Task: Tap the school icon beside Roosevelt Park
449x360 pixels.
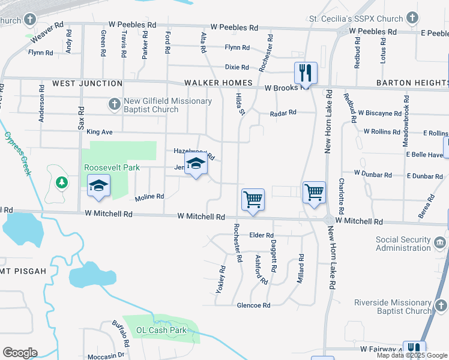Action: click(99, 185)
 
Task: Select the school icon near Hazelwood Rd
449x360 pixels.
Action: click(195, 164)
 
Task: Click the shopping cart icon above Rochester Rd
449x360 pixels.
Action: click(253, 199)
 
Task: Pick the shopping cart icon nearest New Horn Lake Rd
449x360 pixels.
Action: click(313, 193)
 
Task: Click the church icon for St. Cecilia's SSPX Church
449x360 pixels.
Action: click(412, 19)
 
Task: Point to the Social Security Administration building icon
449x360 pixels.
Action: click(439, 243)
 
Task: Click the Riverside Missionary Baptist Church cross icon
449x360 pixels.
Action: click(441, 307)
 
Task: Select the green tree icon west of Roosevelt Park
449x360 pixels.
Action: click(61, 182)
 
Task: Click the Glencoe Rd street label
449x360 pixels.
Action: click(253, 305)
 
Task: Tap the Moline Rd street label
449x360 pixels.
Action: click(149, 197)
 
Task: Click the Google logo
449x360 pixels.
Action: click(20, 353)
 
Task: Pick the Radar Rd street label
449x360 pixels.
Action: click(283, 112)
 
